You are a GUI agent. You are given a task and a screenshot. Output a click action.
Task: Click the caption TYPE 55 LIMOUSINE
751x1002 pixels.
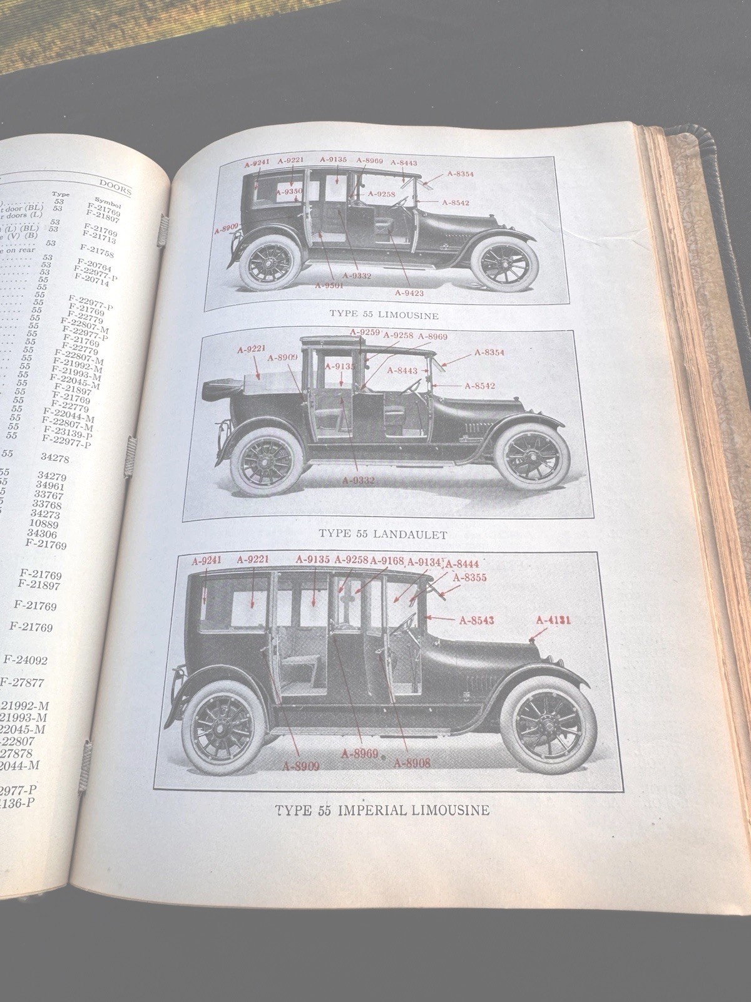click(x=384, y=315)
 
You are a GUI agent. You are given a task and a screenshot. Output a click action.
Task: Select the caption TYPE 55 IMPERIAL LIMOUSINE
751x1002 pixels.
click(x=382, y=810)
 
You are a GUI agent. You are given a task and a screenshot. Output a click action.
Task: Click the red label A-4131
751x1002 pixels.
click(x=553, y=620)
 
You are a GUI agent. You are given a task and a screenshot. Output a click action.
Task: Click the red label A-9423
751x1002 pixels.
click(x=410, y=292)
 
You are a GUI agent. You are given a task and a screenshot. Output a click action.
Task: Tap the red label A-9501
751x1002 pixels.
click(x=330, y=285)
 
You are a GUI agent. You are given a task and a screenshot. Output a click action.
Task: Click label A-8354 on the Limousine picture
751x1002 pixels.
click(x=461, y=175)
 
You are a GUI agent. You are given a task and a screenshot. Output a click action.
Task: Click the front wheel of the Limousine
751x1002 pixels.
click(x=505, y=263)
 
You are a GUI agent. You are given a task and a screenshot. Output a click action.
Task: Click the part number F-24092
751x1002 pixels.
click(x=26, y=659)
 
